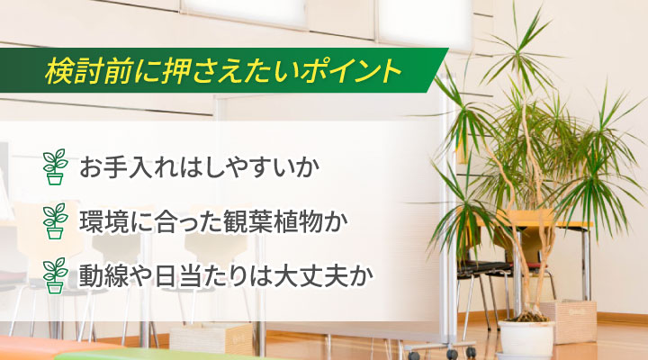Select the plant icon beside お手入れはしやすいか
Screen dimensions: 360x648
[56, 167]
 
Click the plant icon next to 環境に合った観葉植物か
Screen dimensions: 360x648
[56, 220]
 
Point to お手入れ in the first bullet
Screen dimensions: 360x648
[126, 167]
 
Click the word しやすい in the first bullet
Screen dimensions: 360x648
[242, 167]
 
